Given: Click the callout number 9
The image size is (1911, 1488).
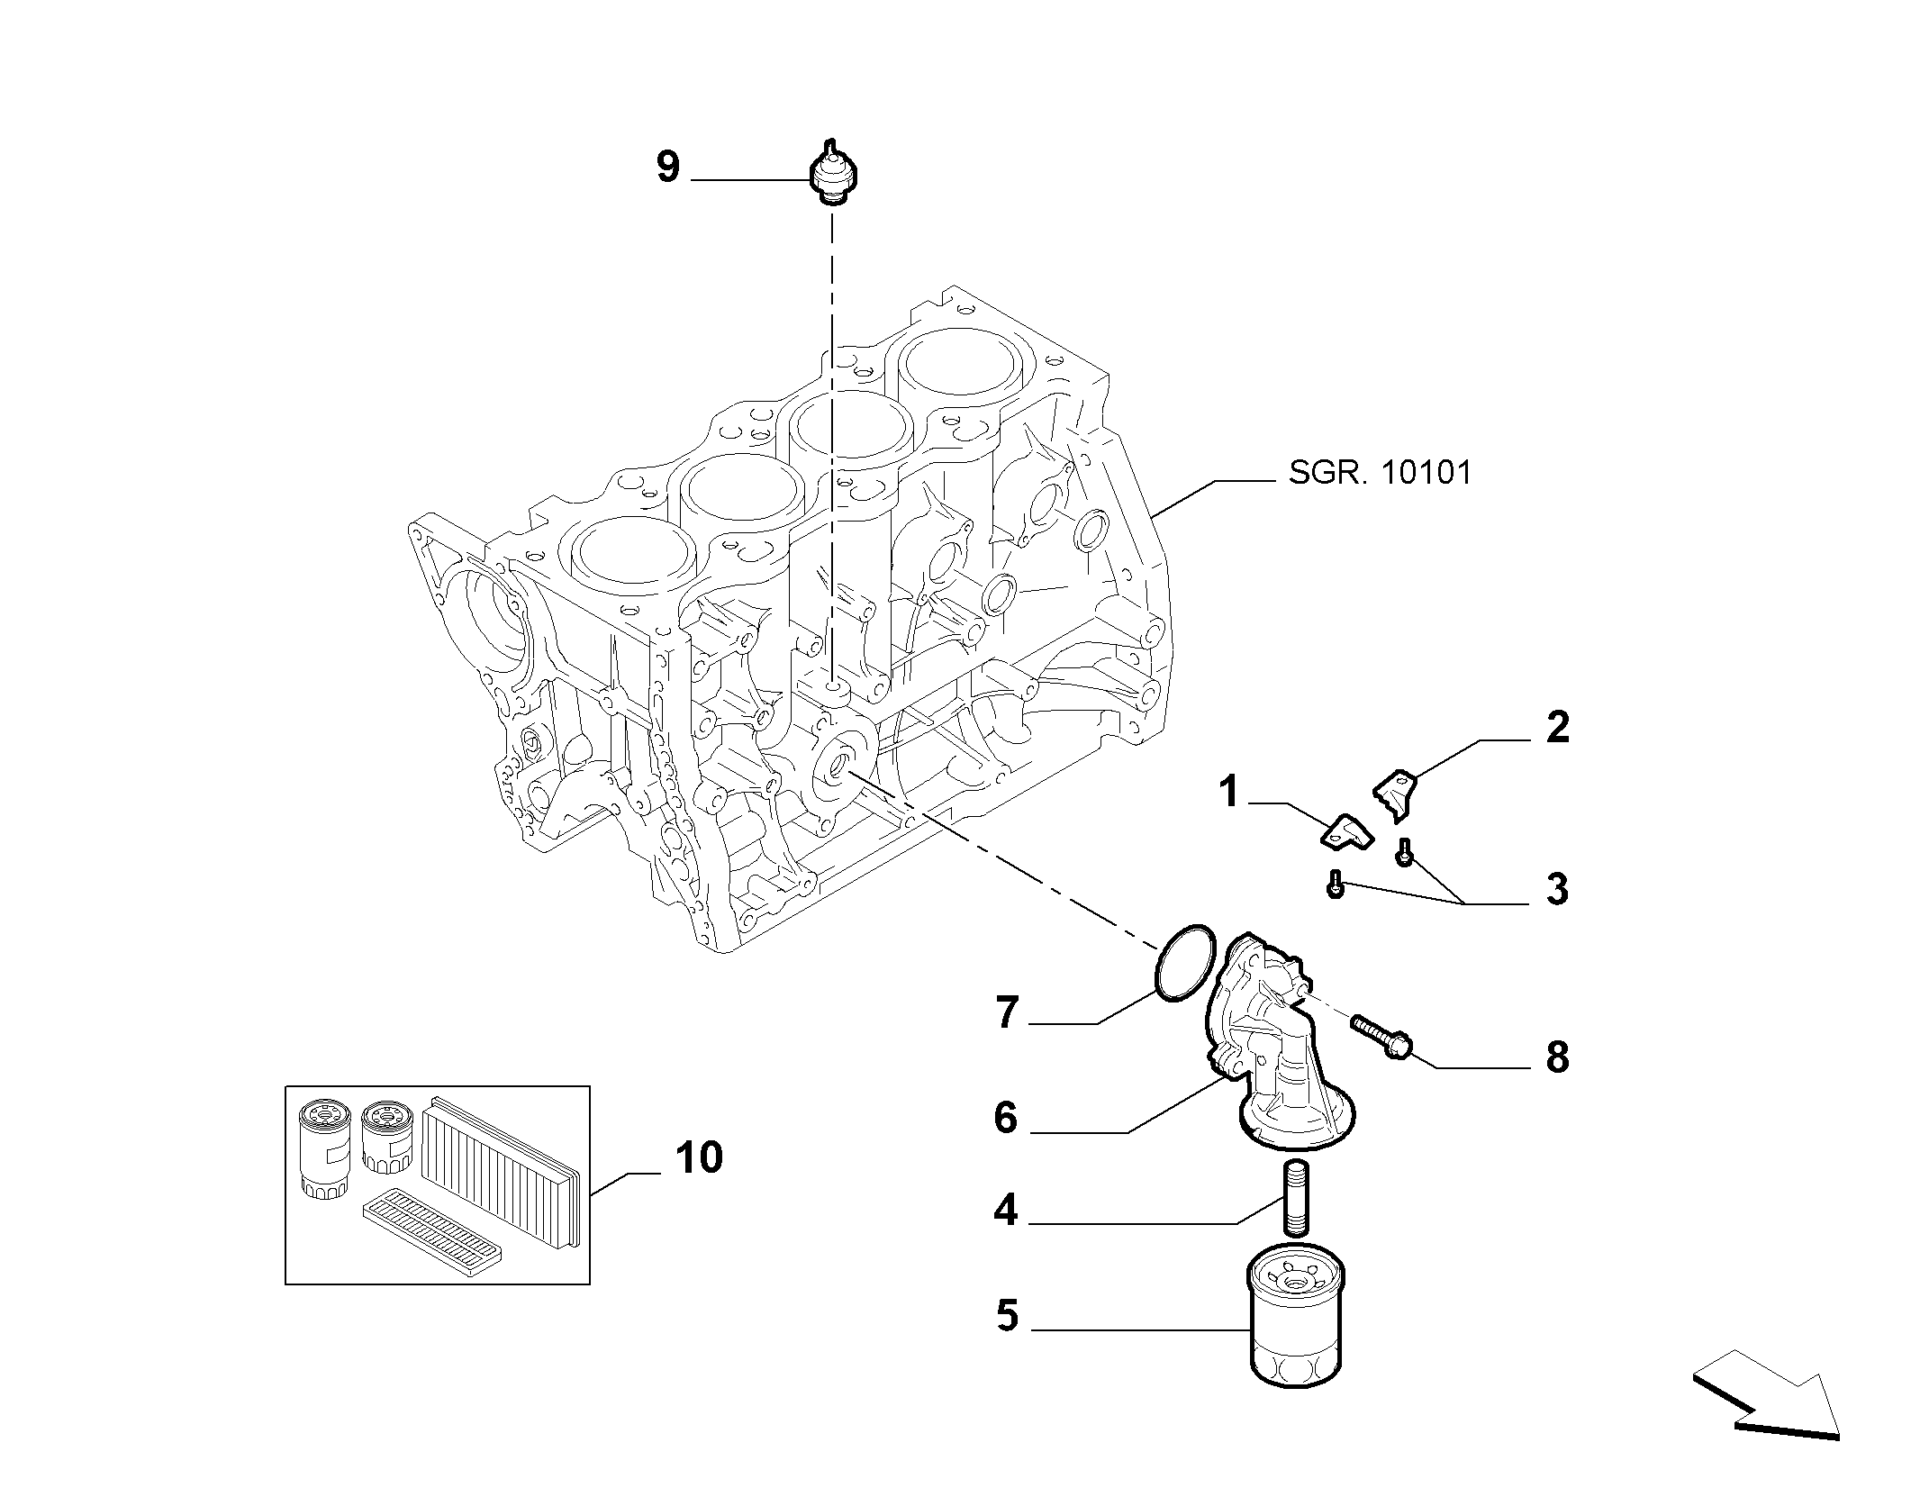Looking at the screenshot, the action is pyautogui.click(x=667, y=168).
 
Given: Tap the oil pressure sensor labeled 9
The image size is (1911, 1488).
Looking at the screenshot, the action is pyautogui.click(x=832, y=173).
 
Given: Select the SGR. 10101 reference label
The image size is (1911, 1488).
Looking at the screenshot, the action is pyautogui.click(x=1380, y=473).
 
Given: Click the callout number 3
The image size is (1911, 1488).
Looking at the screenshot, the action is pyautogui.click(x=1557, y=889).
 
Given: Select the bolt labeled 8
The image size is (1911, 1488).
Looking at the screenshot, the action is pyautogui.click(x=1381, y=1039).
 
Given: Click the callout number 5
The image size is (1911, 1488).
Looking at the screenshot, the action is pyautogui.click(x=1008, y=1316).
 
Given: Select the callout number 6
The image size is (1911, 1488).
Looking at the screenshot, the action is pyautogui.click(x=1005, y=1118).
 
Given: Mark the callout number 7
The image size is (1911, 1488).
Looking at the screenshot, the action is pyautogui.click(x=1007, y=1012).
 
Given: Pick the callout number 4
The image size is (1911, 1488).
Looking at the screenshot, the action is pyautogui.click(x=1006, y=1211).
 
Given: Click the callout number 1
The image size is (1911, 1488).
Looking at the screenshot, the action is pyautogui.click(x=1229, y=794).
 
